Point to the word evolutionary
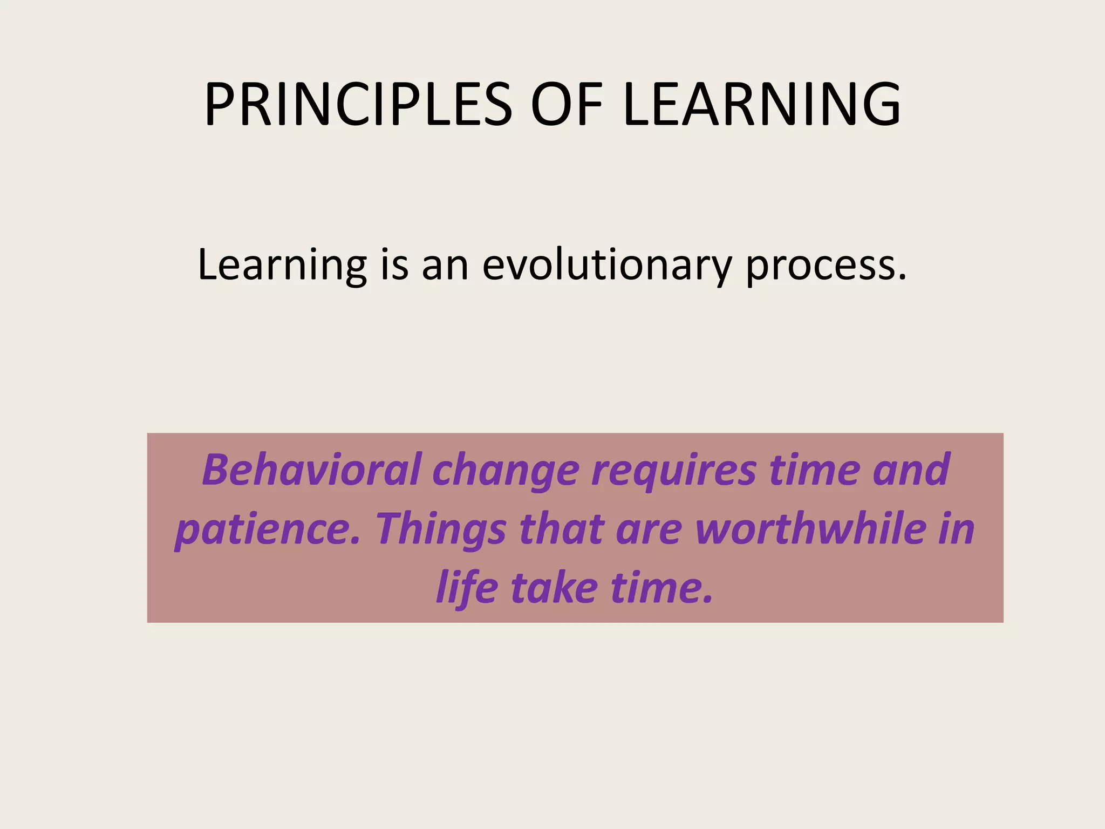[x=607, y=266]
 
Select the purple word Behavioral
[x=311, y=470]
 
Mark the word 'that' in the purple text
[x=561, y=528]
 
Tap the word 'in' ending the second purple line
[x=957, y=528]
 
